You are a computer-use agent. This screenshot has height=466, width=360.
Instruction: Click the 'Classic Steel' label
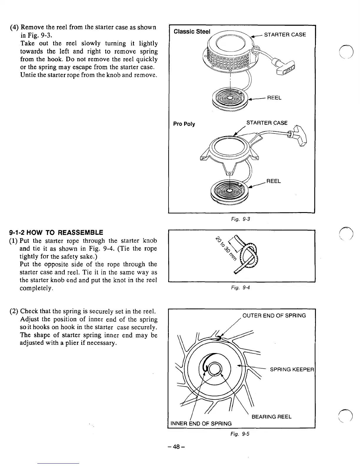pyautogui.click(x=192, y=31)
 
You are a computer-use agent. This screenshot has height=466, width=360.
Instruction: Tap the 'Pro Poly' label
pyautogui.click(x=184, y=124)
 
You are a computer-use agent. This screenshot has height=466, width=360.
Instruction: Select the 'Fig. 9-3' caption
pyautogui.click(x=244, y=219)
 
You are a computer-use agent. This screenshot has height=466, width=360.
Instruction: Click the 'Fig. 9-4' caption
pyautogui.click(x=244, y=288)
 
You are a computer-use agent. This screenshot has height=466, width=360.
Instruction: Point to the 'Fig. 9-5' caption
pyautogui.click(x=244, y=434)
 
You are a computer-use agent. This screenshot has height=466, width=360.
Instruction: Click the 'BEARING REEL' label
pyautogui.click(x=271, y=417)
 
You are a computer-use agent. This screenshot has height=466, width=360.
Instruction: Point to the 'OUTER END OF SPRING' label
pyautogui.click(x=274, y=316)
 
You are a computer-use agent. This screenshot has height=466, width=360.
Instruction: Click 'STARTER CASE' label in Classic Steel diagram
pyautogui.click(x=285, y=35)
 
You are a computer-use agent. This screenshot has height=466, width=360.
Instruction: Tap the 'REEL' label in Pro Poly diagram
pyautogui.click(x=274, y=181)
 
